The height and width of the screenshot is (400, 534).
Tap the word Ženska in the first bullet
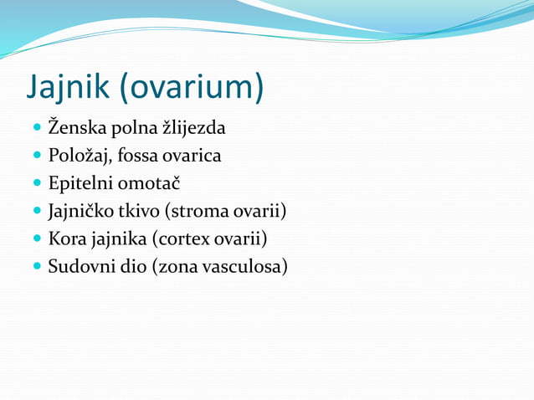click(78, 129)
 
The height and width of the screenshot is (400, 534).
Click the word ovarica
click(195, 156)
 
